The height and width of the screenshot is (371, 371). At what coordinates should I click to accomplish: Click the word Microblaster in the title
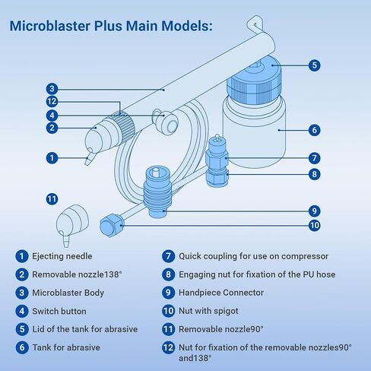click(x=50, y=26)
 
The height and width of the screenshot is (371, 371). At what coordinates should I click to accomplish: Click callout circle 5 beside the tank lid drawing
click(x=314, y=65)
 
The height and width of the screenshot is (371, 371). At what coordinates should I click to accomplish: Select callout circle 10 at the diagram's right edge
click(x=314, y=225)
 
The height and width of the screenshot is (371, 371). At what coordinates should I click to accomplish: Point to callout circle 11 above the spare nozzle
click(x=52, y=199)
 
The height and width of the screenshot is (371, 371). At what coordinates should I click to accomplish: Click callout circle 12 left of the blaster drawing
click(x=52, y=102)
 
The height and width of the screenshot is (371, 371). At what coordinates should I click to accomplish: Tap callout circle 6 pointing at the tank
click(x=314, y=130)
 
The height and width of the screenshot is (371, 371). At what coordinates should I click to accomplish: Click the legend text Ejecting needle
click(x=62, y=256)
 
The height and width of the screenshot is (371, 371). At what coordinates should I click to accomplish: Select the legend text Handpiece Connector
click(x=221, y=293)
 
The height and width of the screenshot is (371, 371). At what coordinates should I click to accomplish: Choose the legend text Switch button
click(x=59, y=311)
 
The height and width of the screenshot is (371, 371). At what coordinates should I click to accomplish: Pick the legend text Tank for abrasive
click(x=66, y=347)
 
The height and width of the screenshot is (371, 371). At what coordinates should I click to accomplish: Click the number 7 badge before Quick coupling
click(x=168, y=256)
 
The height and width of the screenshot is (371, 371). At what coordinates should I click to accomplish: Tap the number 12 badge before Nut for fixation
click(x=168, y=347)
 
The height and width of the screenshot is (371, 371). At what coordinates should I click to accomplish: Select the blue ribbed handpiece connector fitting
click(x=157, y=192)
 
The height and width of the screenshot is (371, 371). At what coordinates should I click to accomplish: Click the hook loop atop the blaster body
click(x=255, y=24)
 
